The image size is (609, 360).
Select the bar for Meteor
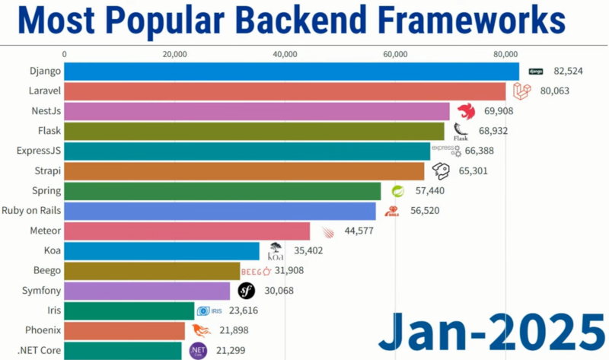pyautogui.click(x=187, y=231)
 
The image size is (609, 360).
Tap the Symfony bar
pyautogui.click(x=147, y=290)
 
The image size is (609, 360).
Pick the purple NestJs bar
pyautogui.click(x=256, y=111)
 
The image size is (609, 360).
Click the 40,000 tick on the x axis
pyautogui.click(x=285, y=54)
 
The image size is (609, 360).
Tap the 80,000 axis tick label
pyautogui.click(x=505, y=54)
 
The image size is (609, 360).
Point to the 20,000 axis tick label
pyautogui.click(x=174, y=54)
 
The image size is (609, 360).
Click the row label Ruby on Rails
pyautogui.click(x=31, y=210)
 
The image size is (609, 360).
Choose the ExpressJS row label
pyautogui.click(x=38, y=151)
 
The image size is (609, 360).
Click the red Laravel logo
pyautogui.click(x=521, y=91)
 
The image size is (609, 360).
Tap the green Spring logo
pyautogui.click(x=397, y=190)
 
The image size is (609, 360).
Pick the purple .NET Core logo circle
pyautogui.click(x=197, y=350)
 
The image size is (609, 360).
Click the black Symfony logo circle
pyautogui.click(x=246, y=290)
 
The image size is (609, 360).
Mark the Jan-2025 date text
pyautogui.click(x=491, y=330)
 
